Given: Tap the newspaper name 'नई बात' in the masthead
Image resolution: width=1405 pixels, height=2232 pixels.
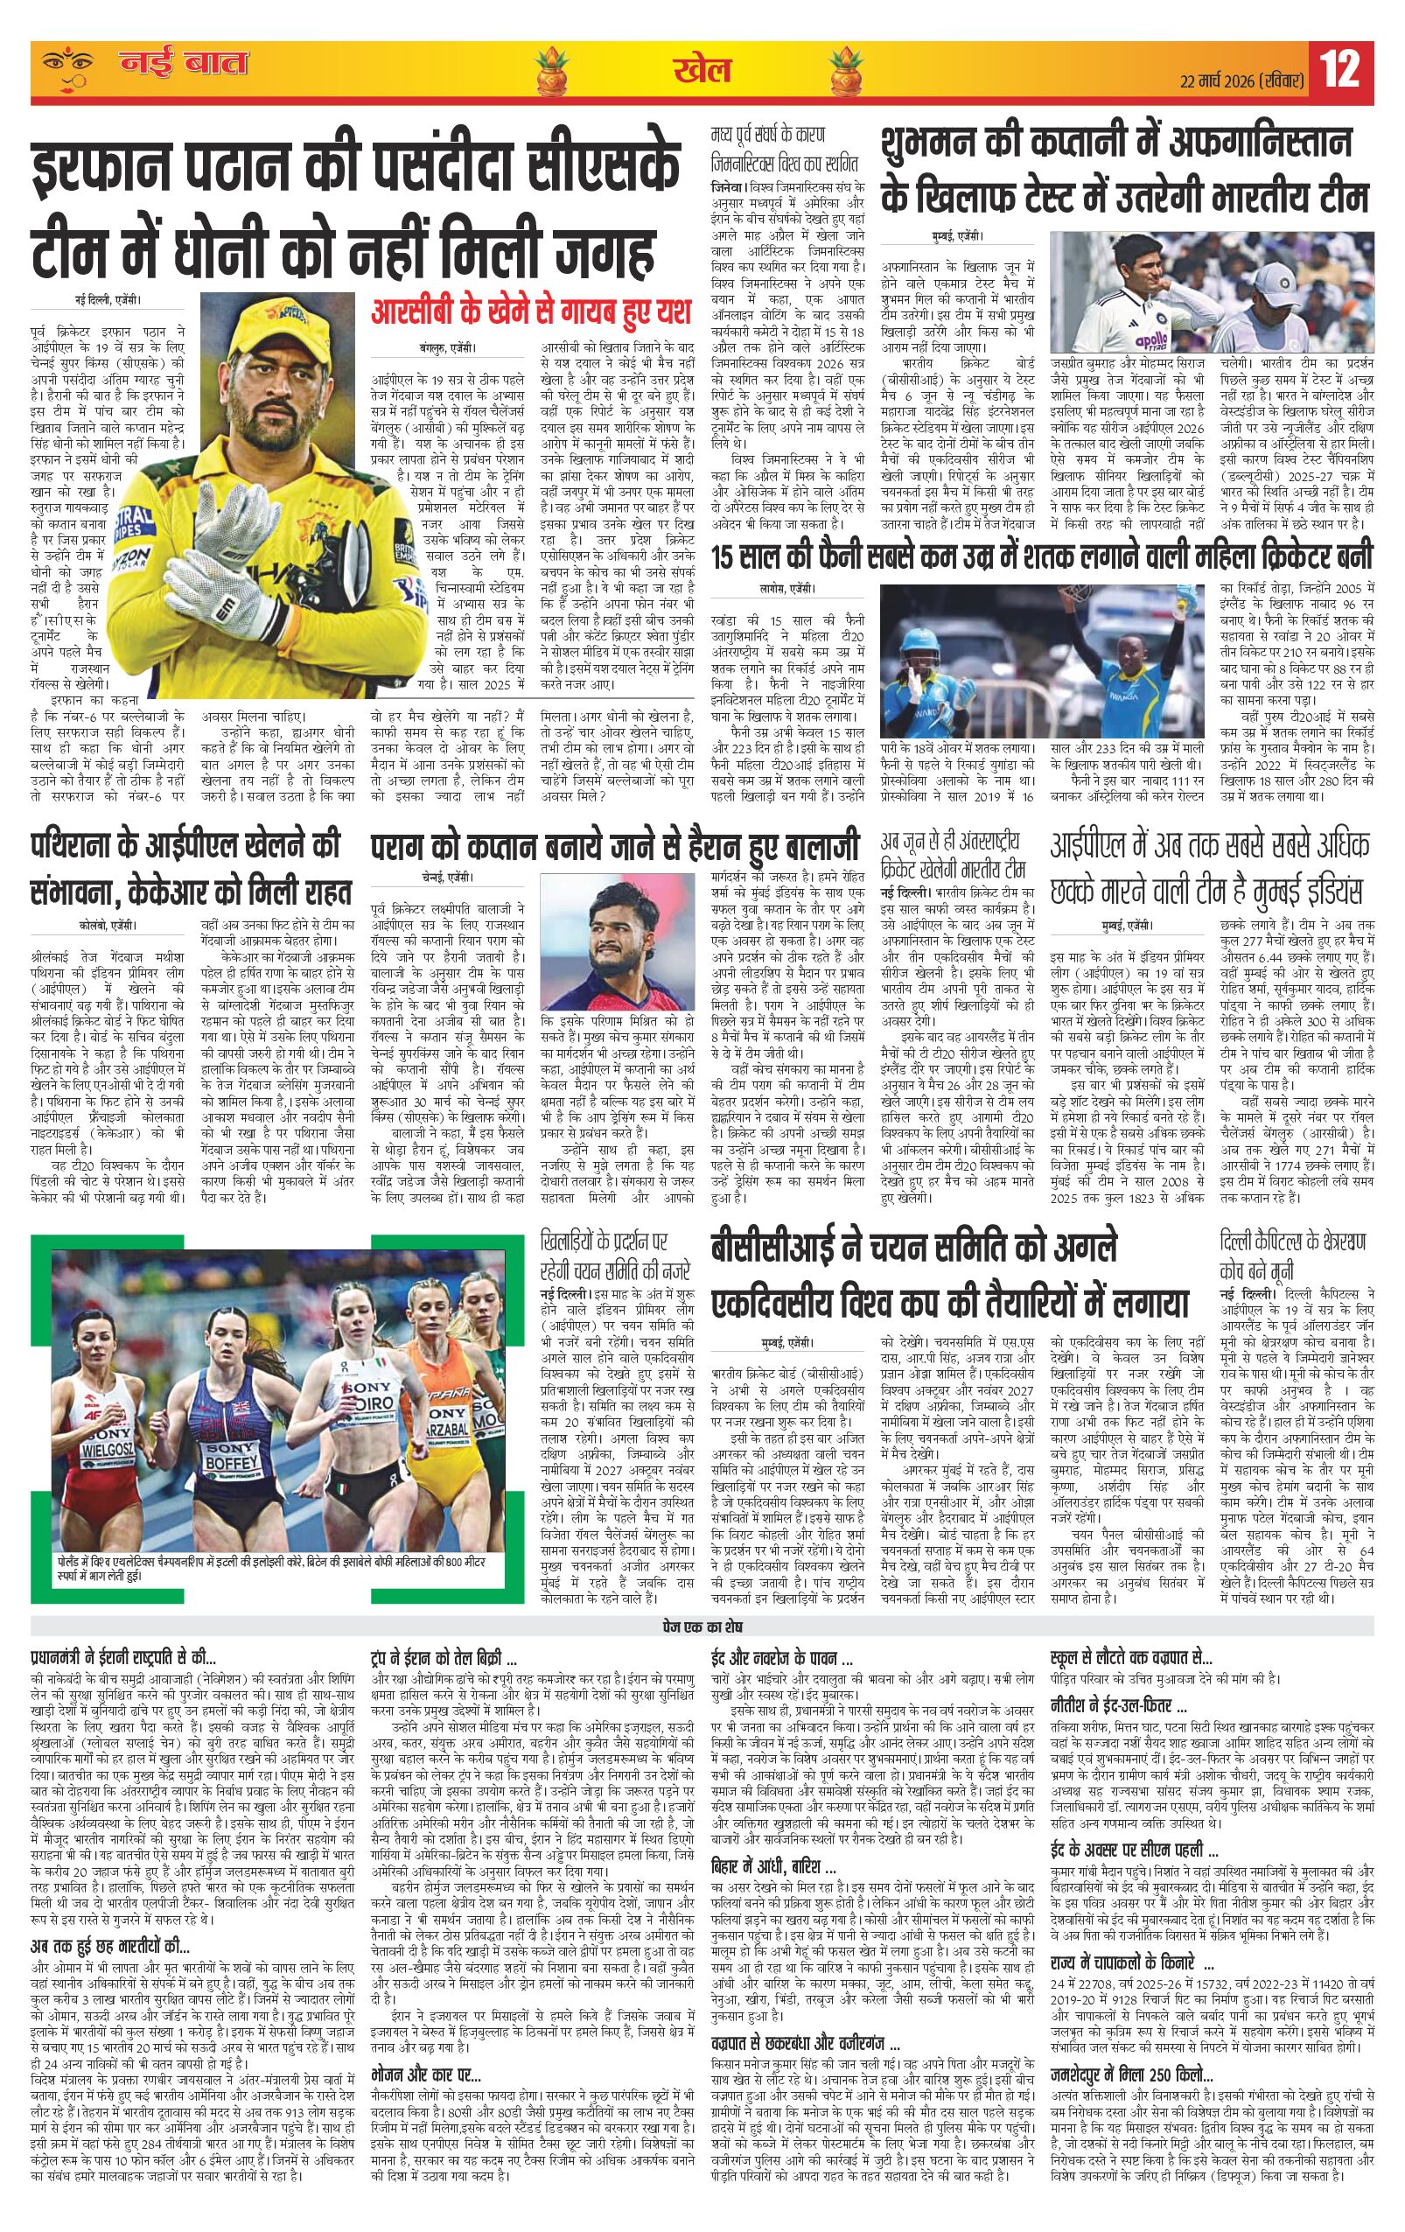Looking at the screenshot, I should pyautogui.click(x=184, y=66).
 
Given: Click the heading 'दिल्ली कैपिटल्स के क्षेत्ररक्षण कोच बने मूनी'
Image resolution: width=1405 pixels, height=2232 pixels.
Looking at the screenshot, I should pyautogui.click(x=1293, y=1254).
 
